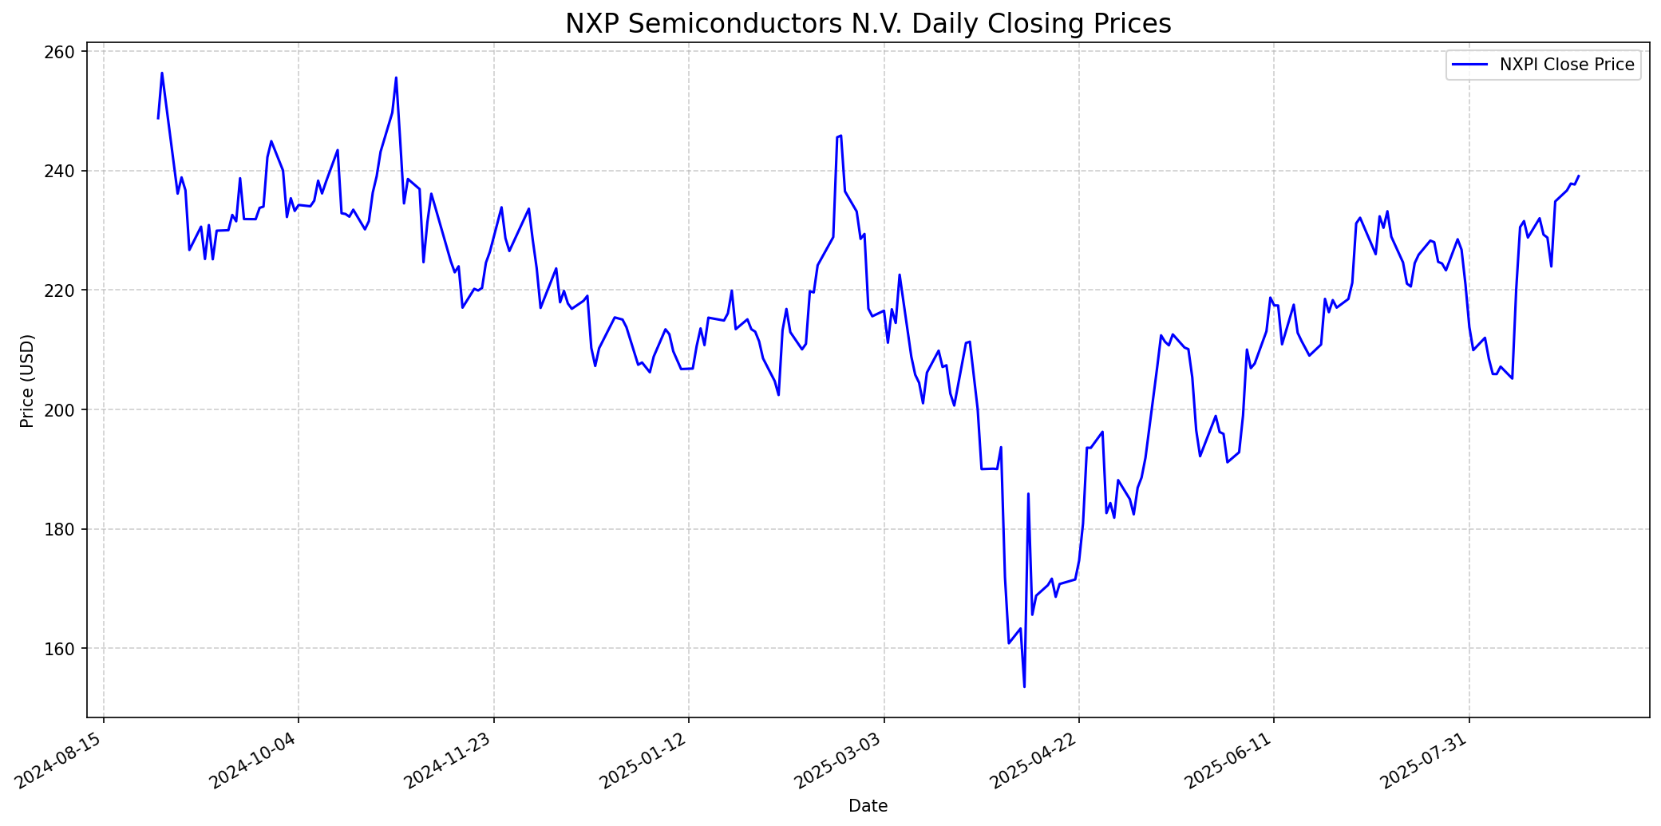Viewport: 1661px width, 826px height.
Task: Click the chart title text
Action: [868, 24]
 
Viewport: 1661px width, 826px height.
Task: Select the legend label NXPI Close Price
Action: [1566, 65]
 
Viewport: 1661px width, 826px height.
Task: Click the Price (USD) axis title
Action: [27, 381]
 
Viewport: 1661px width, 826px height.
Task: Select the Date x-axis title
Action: [868, 806]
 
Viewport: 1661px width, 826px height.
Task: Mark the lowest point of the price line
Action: [1024, 686]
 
